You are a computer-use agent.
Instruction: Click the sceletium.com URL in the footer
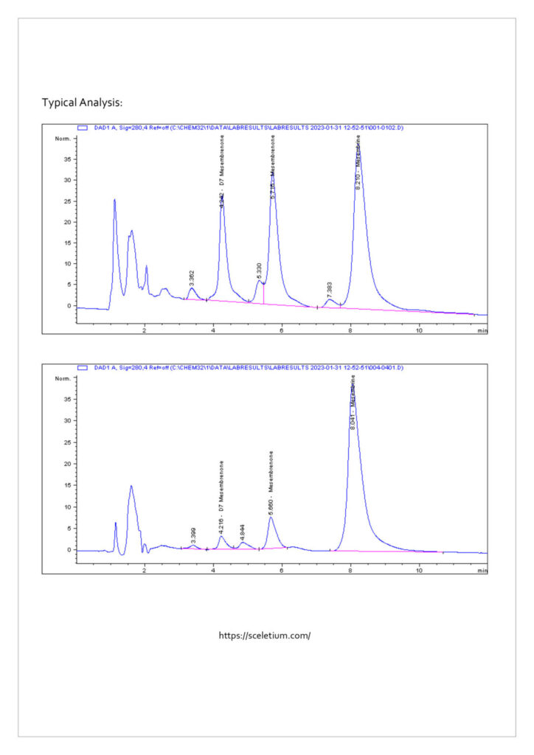tap(265, 636)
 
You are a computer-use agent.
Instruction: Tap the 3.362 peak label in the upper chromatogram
tap(192, 278)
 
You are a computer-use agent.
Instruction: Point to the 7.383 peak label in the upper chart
tap(330, 290)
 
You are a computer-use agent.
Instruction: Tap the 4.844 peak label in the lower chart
tap(243, 531)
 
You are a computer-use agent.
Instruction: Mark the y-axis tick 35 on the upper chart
tap(67, 159)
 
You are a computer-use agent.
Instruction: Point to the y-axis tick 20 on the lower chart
tap(67, 464)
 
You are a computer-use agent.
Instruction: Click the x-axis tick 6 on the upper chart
tap(282, 331)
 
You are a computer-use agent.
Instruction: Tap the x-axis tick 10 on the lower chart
tap(419, 570)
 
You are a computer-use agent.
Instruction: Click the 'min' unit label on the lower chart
tap(482, 570)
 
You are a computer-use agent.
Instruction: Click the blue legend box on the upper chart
tap(83, 128)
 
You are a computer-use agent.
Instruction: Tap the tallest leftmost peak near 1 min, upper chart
tap(114, 200)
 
